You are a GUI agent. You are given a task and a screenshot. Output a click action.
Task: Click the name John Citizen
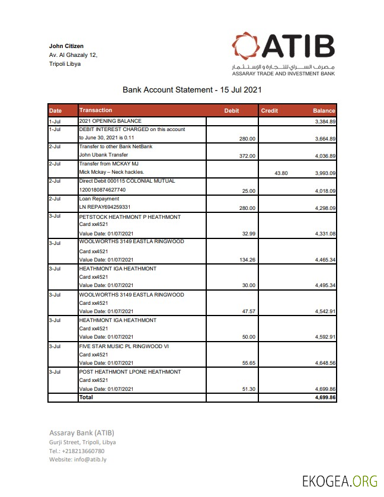(66, 46)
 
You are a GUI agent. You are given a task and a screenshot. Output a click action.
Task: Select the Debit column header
(232, 111)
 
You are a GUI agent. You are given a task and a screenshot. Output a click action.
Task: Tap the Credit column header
(270, 111)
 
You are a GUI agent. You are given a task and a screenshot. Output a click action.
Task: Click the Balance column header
(324, 111)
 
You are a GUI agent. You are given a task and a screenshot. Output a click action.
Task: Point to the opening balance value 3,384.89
(325, 122)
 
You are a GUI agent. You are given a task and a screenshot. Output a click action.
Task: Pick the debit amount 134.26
(245, 260)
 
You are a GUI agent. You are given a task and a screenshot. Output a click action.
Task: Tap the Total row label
(86, 397)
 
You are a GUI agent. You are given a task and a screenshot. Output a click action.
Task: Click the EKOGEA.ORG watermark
(339, 480)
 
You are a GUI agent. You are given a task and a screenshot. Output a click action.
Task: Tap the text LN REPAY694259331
(105, 208)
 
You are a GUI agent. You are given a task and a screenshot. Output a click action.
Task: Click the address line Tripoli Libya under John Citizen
(65, 64)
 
